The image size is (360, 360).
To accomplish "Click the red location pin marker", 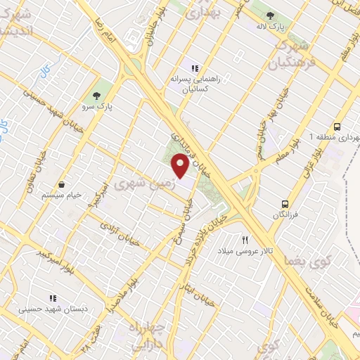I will (x=180, y=166).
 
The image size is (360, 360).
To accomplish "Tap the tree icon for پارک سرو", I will (x=96, y=94).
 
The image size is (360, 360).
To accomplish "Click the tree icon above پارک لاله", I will (x=270, y=15).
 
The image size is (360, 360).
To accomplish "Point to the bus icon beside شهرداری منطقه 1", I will (x=337, y=127).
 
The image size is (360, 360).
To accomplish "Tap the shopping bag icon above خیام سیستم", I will (x=62, y=184).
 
